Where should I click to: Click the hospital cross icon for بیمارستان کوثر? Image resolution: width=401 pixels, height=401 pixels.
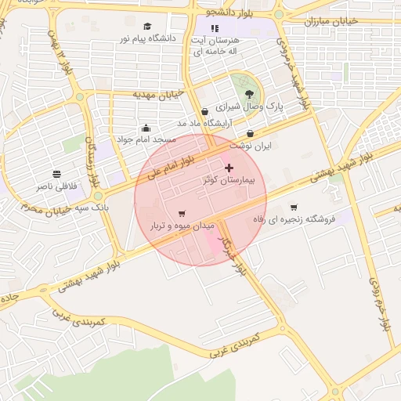(229, 168)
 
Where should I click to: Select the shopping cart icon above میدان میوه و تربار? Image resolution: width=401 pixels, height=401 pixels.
(182, 213)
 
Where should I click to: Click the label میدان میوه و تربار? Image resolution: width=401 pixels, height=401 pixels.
(182, 226)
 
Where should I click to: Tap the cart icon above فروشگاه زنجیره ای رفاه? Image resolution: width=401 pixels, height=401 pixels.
(294, 208)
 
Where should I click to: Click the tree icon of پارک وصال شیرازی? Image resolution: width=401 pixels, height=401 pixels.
(249, 95)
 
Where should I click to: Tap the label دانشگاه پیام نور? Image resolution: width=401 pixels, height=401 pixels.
(148, 38)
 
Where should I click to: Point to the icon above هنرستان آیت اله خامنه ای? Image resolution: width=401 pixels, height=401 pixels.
(215, 29)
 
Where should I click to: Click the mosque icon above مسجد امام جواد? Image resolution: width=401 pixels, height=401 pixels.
(145, 128)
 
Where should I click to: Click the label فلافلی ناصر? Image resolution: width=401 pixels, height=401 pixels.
(56, 186)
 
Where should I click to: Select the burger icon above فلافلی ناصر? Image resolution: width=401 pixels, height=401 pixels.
(56, 174)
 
